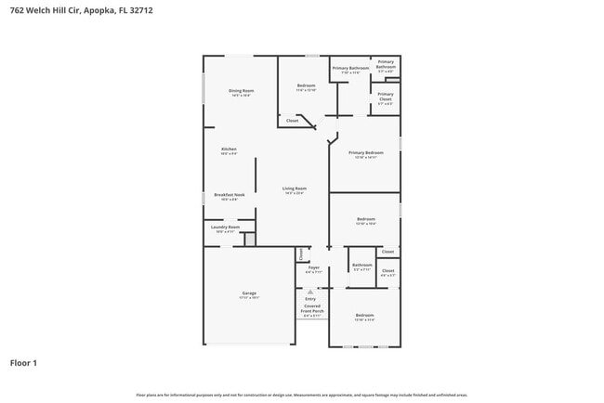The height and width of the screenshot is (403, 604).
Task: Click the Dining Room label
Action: click(x=241, y=91)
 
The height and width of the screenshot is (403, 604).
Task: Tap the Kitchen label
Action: click(x=229, y=149)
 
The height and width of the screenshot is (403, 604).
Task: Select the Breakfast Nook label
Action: click(x=229, y=196)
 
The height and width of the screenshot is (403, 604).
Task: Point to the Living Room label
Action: click(x=295, y=189)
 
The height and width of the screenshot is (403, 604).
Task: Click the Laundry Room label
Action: click(x=226, y=227)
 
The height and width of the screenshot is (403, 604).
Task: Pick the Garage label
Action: click(x=249, y=294)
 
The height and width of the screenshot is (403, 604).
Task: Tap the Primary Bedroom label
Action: click(x=366, y=153)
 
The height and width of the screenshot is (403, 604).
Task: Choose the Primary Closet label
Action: click(x=385, y=96)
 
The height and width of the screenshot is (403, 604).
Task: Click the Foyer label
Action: click(x=314, y=268)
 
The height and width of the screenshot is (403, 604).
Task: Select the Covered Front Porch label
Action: click(x=311, y=310)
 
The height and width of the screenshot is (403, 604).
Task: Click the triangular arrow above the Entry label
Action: click(x=311, y=290)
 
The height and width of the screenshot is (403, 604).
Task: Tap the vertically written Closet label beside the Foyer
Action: click(x=301, y=253)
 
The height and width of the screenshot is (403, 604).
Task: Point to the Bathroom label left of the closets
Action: click(x=361, y=266)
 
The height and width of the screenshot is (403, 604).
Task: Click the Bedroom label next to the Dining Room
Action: click(x=307, y=86)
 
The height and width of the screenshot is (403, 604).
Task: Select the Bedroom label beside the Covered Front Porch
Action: click(x=365, y=317)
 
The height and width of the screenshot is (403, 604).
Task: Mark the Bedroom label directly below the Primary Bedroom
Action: click(x=365, y=220)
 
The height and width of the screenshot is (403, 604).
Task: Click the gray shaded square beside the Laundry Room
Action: click(x=249, y=240)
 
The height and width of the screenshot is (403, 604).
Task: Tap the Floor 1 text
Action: click(x=23, y=363)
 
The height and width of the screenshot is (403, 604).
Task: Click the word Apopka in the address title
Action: click(x=96, y=10)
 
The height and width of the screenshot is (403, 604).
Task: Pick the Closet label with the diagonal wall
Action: click(x=292, y=121)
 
